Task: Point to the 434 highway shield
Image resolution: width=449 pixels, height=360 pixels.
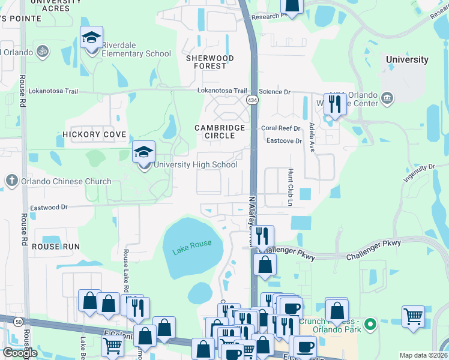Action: click(252, 100)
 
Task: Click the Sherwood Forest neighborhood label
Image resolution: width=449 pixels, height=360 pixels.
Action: click(209, 62)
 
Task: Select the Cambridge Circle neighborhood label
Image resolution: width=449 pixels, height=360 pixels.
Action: click(220, 132)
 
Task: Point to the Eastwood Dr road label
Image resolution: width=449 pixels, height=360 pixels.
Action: click(47, 207)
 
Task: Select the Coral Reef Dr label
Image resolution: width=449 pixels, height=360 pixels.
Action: click(281, 128)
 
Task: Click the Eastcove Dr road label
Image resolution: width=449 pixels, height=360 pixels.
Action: click(284, 140)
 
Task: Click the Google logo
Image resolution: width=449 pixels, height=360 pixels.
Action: click(20, 353)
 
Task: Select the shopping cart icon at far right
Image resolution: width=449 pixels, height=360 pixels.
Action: click(413, 316)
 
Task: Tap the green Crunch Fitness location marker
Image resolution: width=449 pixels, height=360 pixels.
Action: click(370, 325)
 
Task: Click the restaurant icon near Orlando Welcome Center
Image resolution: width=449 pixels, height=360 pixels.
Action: click(334, 104)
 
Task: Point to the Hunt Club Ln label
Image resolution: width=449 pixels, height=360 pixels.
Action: click(289, 188)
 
